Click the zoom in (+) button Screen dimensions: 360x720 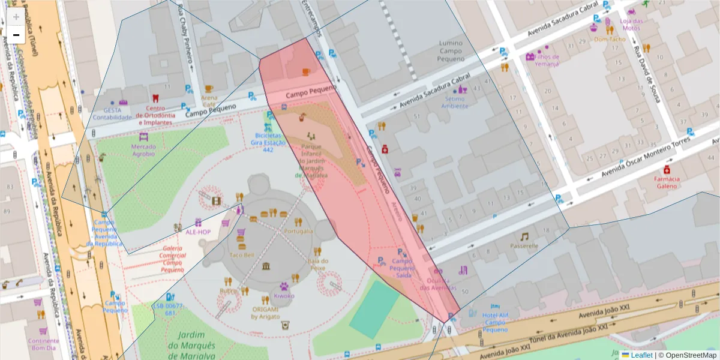(x=16, y=17)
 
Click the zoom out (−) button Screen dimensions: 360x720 (x=16, y=35)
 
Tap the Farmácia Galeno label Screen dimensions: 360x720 (x=667, y=182)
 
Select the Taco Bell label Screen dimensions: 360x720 (x=242, y=255)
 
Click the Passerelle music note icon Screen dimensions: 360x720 (x=524, y=236)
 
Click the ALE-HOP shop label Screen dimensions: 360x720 (x=197, y=231)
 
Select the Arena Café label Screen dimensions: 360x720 (x=209, y=101)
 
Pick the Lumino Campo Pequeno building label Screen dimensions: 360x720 (x=451, y=51)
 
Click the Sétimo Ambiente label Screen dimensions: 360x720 (x=455, y=102)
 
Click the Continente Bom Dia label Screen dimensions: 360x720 (x=43, y=344)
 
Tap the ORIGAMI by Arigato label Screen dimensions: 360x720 (x=265, y=313)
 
